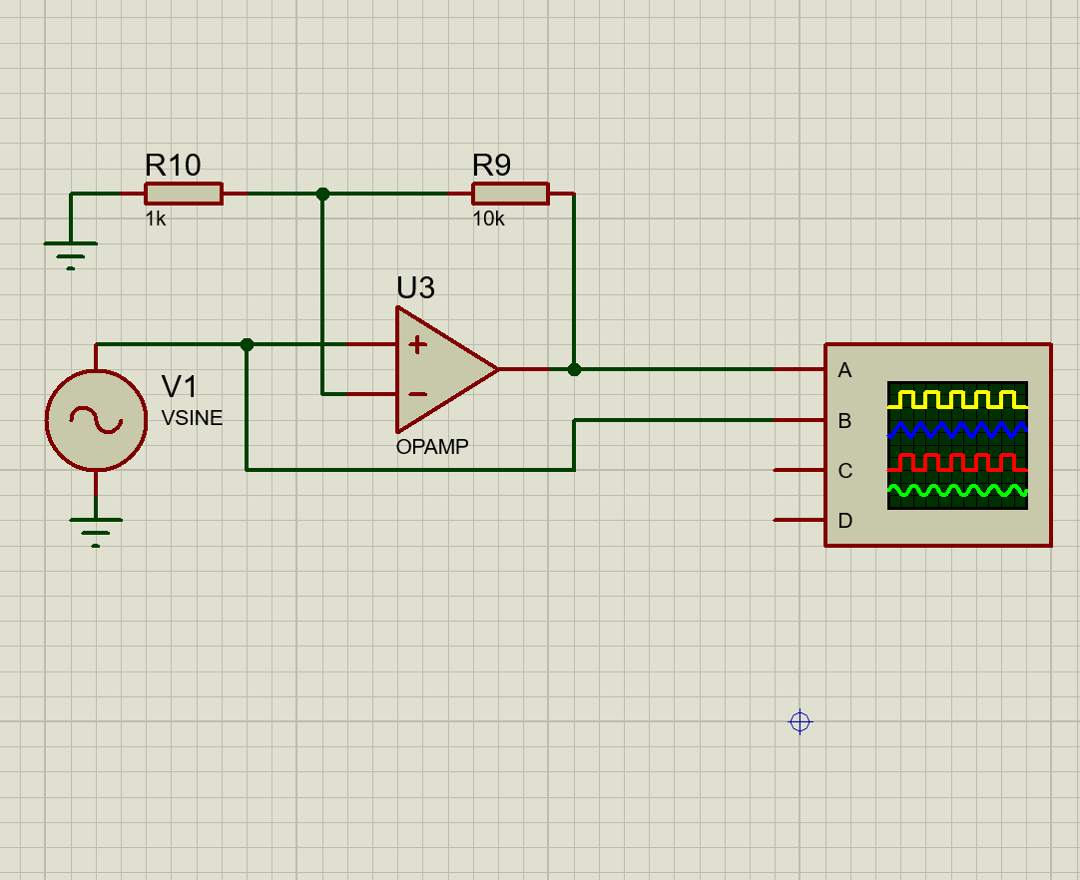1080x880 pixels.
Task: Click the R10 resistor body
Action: [183, 194]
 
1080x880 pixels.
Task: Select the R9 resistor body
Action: [510, 194]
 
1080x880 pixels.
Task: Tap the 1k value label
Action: [156, 219]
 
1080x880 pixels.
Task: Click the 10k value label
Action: [488, 219]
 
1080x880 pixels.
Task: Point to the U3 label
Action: [415, 287]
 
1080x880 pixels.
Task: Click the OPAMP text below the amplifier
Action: [432, 447]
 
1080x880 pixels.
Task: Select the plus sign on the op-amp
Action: [417, 345]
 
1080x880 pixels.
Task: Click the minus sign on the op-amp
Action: [417, 394]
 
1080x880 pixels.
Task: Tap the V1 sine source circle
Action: [96, 420]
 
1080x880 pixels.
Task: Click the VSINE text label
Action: [192, 419]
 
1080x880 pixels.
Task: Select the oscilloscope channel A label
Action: [844, 371]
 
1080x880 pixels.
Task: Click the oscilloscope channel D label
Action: [844, 521]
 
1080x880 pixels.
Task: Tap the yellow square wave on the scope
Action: [956, 400]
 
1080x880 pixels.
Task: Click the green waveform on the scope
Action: [956, 490]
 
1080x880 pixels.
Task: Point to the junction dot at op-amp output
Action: [574, 369]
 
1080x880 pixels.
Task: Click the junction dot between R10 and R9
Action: [322, 194]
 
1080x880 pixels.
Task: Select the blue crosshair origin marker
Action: [800, 721]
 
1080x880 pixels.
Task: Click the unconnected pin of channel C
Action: [789, 470]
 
